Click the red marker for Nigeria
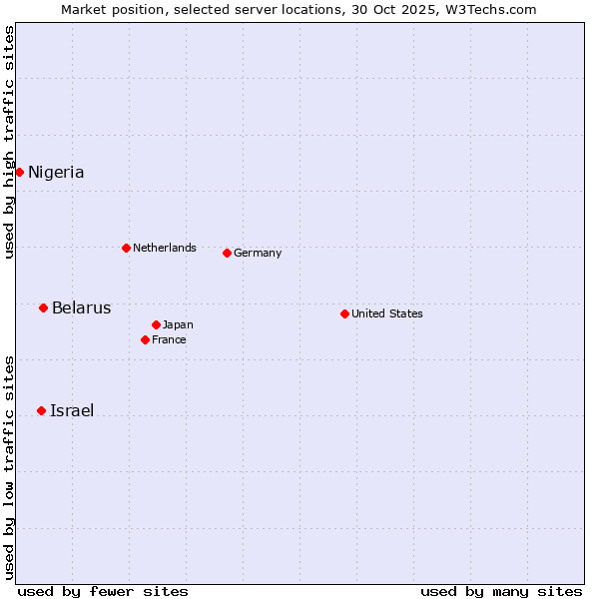click(x=19, y=172)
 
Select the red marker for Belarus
click(x=43, y=307)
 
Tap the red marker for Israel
click(x=41, y=410)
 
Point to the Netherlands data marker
click(x=126, y=248)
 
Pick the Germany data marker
click(x=227, y=253)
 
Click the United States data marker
click(x=344, y=313)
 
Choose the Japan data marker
click(x=156, y=324)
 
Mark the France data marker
click(x=145, y=339)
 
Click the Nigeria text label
click(x=56, y=173)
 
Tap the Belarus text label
click(x=81, y=307)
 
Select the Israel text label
click(x=72, y=410)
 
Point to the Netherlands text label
click(x=165, y=248)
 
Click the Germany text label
click(x=258, y=253)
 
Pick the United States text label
click(x=387, y=313)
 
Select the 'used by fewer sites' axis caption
click(x=103, y=591)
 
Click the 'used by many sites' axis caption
click(x=501, y=591)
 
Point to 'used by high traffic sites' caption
click(x=9, y=142)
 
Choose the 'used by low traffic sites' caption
click(x=9, y=466)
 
